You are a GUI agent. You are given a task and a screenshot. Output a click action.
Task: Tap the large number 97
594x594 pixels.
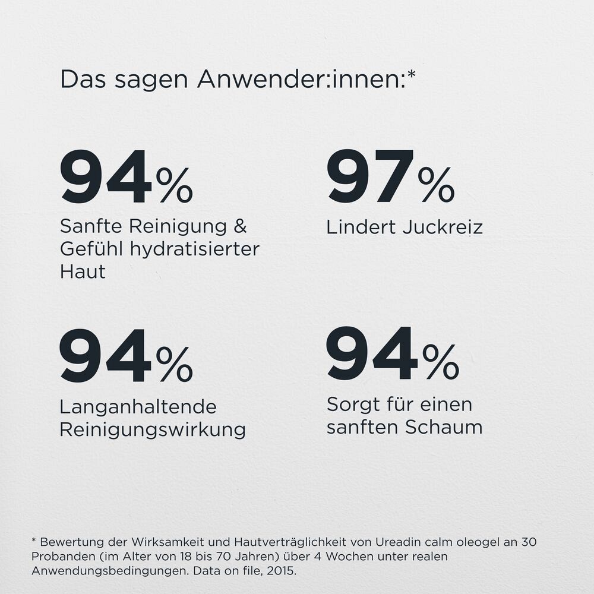(x=369, y=176)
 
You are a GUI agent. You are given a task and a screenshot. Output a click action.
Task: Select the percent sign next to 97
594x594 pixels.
(x=436, y=185)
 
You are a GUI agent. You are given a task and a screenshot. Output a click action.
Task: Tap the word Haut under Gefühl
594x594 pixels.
(x=83, y=271)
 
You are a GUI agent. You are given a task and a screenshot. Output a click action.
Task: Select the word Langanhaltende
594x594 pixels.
(x=138, y=407)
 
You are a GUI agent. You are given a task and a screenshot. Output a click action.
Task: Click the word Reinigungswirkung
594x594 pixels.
(x=153, y=429)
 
